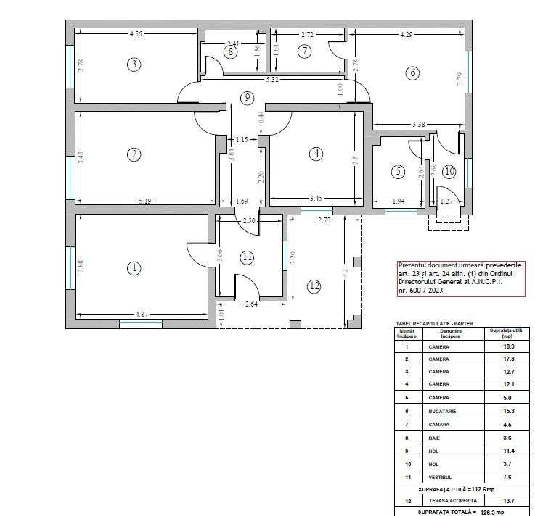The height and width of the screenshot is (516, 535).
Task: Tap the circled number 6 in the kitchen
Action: (412, 72)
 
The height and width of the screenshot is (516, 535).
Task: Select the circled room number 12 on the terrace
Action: (314, 286)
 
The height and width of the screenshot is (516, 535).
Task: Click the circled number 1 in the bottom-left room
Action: (134, 268)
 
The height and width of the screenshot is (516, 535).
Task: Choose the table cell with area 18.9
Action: (497, 347)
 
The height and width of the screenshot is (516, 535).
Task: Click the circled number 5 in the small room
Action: (397, 172)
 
